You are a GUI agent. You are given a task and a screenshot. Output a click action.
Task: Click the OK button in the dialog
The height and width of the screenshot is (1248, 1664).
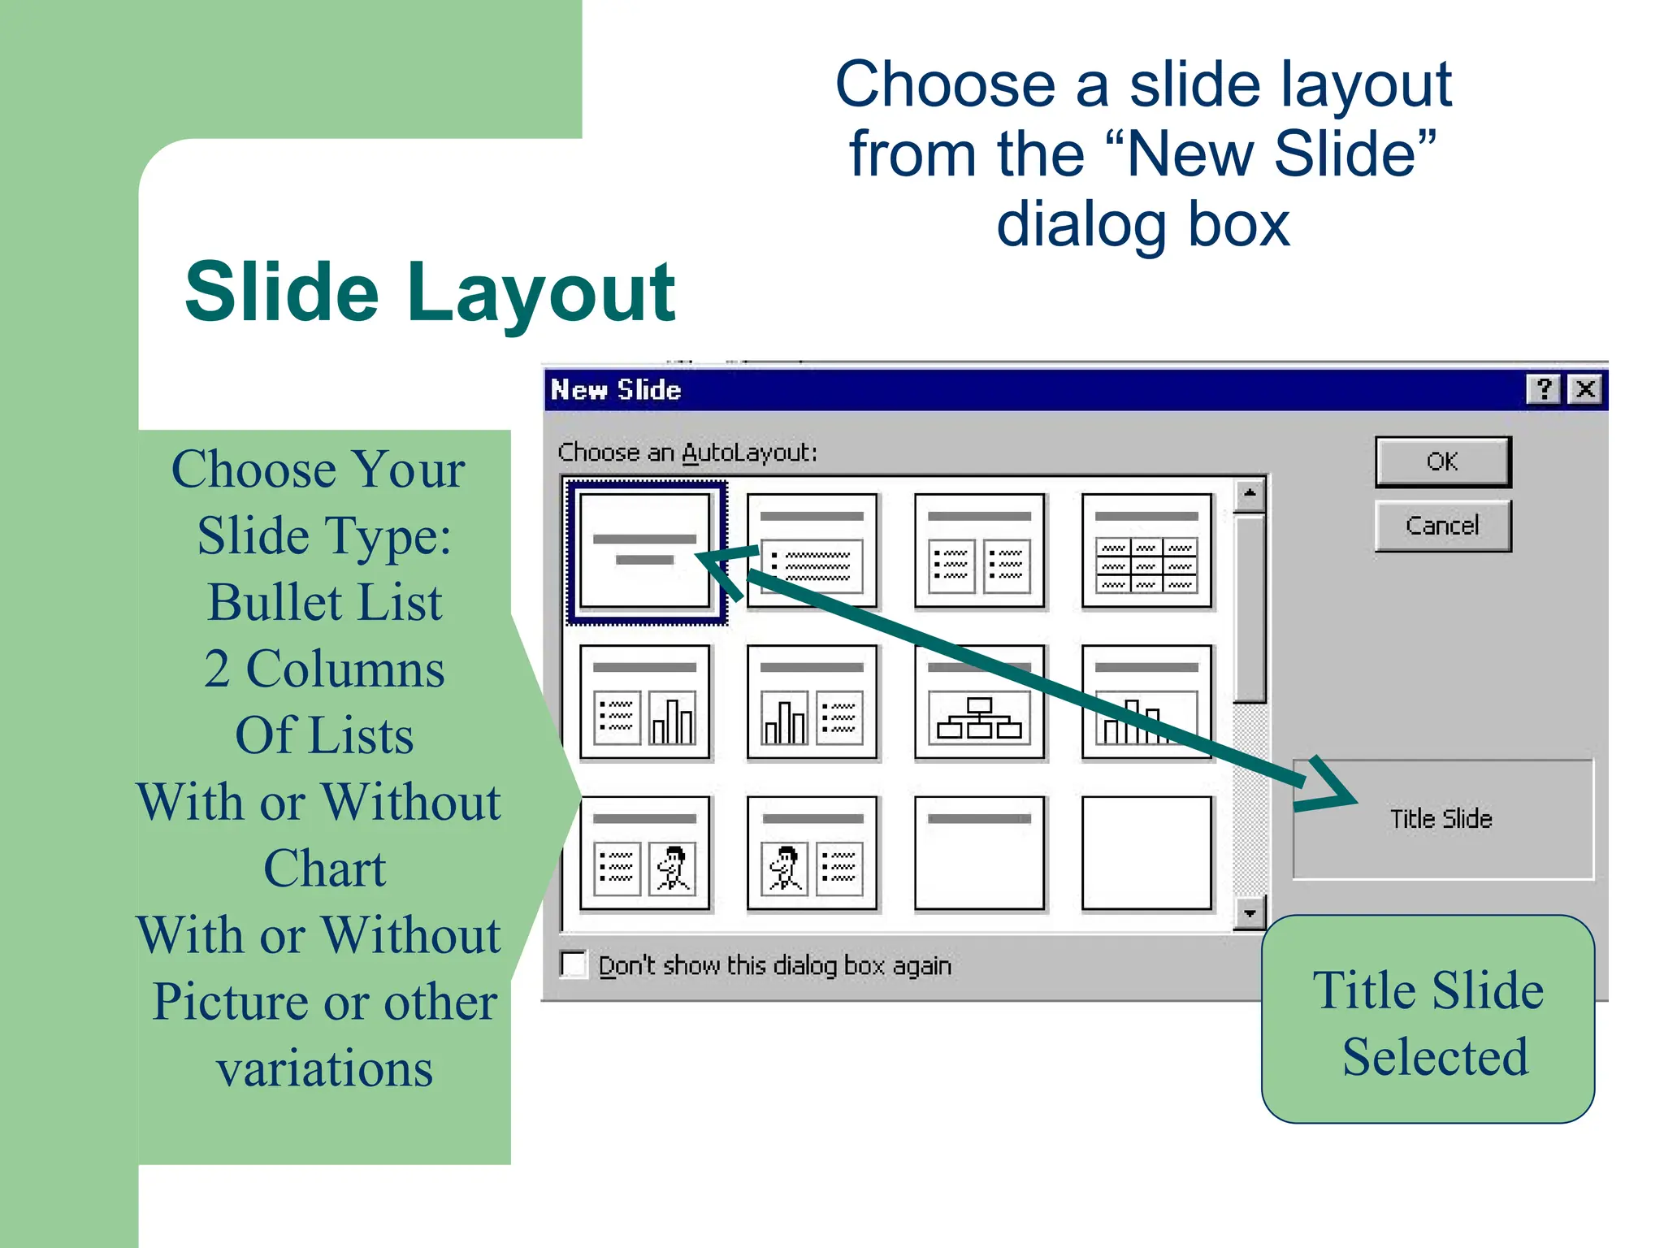coord(1442,461)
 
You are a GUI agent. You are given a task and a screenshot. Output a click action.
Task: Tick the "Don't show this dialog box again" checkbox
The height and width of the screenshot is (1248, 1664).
coord(574,964)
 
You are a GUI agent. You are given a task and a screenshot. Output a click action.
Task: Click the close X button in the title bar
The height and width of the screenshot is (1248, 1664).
coord(1585,389)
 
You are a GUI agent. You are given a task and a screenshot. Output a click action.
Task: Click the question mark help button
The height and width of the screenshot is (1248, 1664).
coord(1544,389)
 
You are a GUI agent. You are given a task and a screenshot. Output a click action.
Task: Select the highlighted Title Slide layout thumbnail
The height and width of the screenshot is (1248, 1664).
coord(645,551)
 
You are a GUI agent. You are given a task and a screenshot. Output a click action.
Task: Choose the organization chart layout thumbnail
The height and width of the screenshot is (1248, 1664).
coord(979,702)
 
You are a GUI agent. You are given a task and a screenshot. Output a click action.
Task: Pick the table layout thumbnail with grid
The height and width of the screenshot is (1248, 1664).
coord(1146,551)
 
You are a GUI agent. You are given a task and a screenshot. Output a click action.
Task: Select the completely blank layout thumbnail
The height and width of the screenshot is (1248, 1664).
coord(1146,853)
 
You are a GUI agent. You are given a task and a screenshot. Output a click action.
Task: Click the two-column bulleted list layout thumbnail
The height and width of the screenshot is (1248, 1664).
coord(979,551)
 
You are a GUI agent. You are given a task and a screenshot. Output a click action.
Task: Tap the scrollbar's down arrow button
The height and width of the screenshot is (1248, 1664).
coord(1250,913)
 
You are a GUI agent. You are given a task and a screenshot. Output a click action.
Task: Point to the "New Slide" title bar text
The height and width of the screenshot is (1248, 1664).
coord(616,390)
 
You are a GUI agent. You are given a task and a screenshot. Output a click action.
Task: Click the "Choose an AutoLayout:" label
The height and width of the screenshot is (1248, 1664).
coord(687,453)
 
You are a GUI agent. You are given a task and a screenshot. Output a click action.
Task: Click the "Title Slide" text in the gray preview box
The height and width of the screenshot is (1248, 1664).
coord(1441,818)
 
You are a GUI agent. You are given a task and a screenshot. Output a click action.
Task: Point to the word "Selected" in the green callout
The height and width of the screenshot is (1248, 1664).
coord(1435,1056)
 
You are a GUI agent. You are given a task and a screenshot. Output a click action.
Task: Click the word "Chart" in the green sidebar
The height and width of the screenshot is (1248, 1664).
coord(324,868)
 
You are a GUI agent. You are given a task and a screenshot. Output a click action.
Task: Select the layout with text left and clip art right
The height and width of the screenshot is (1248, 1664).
coord(645,853)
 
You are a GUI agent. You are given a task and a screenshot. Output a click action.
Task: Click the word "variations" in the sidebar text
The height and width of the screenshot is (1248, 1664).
coord(324,1068)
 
